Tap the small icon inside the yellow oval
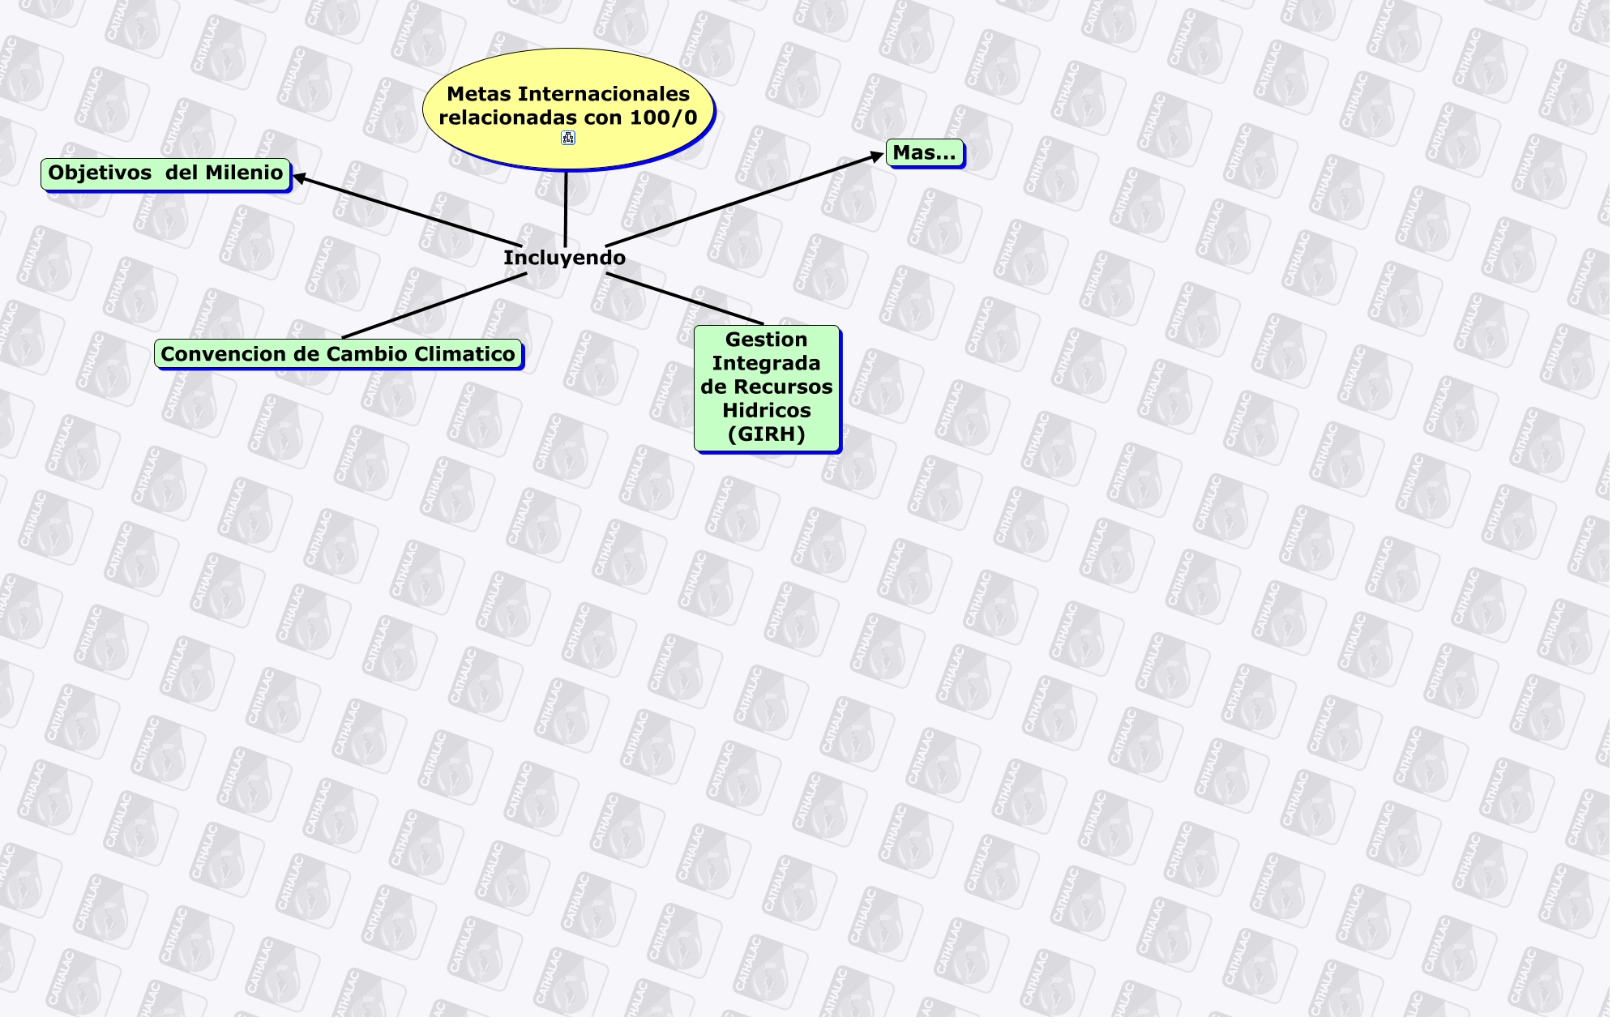click(568, 138)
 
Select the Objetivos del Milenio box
click(165, 173)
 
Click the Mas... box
click(924, 152)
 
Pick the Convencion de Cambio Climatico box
click(338, 354)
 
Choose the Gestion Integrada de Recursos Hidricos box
click(767, 387)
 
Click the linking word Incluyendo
click(564, 258)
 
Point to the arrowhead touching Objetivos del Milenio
click(298, 177)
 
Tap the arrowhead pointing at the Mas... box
click(878, 156)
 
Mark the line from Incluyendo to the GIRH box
click(685, 299)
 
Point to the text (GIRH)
click(767, 434)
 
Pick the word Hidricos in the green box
click(767, 411)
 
